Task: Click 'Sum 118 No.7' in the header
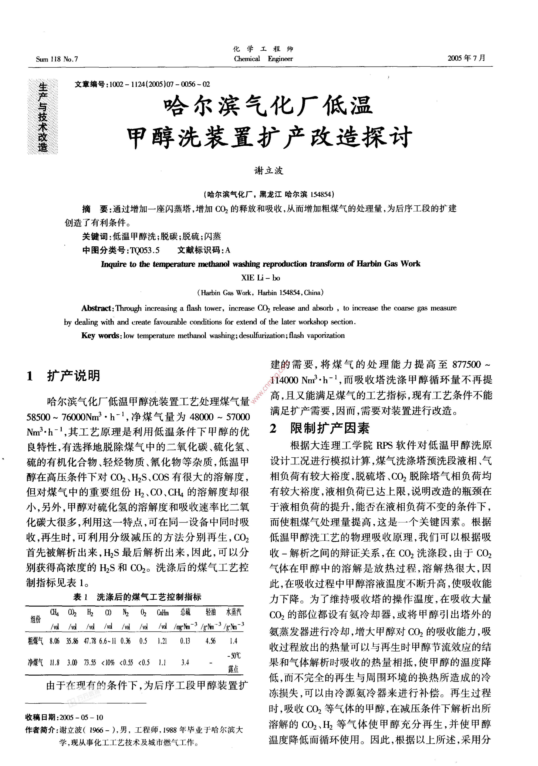57,59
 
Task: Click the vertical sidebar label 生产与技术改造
43,117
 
